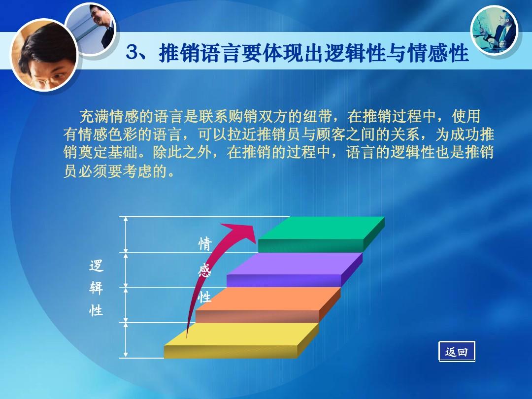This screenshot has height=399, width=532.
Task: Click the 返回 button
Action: [457, 352]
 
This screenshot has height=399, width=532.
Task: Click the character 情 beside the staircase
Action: [204, 244]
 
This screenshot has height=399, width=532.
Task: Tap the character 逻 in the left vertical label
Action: [96, 266]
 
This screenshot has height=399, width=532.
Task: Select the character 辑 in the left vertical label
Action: [96, 289]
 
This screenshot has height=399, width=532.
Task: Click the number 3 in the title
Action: [132, 53]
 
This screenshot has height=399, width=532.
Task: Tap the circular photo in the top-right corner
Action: [494, 31]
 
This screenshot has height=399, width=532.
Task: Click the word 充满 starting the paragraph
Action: [94, 117]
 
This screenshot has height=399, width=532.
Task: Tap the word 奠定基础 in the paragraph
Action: [108, 152]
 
